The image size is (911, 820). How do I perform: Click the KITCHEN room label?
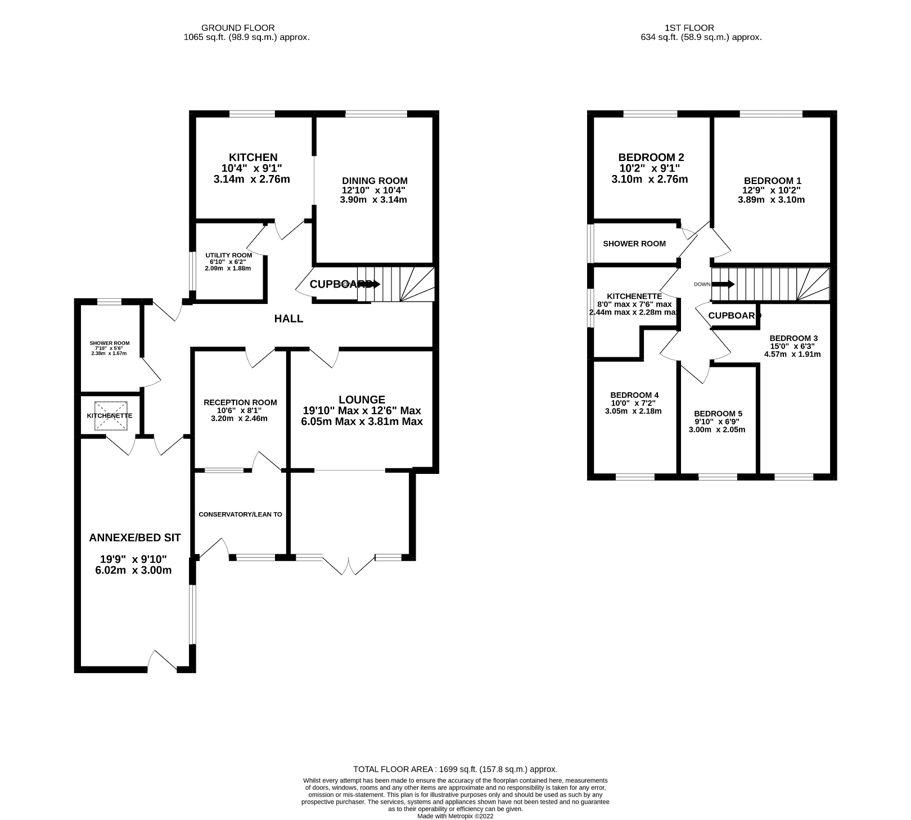(x=252, y=158)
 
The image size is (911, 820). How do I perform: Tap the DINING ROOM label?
(x=375, y=181)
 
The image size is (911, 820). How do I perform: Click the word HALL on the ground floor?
(x=288, y=319)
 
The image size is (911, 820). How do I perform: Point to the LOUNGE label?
(x=362, y=400)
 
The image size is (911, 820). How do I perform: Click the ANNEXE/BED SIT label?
(x=135, y=537)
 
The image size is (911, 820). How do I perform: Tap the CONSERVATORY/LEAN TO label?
(x=240, y=514)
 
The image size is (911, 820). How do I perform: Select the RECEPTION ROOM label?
(x=240, y=402)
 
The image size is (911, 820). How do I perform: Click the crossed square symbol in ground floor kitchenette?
(x=111, y=416)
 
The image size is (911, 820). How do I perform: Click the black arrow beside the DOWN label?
(x=724, y=284)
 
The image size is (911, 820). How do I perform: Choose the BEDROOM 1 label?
(x=772, y=181)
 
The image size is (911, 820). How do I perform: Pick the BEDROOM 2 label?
(x=651, y=158)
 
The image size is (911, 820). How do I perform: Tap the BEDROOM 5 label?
(x=718, y=414)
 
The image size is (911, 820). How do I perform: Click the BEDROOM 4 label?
(x=634, y=395)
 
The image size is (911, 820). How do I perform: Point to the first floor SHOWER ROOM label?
(x=634, y=244)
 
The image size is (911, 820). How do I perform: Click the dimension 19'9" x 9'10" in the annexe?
(x=134, y=559)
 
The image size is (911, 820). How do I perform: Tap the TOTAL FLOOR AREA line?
(x=455, y=769)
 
